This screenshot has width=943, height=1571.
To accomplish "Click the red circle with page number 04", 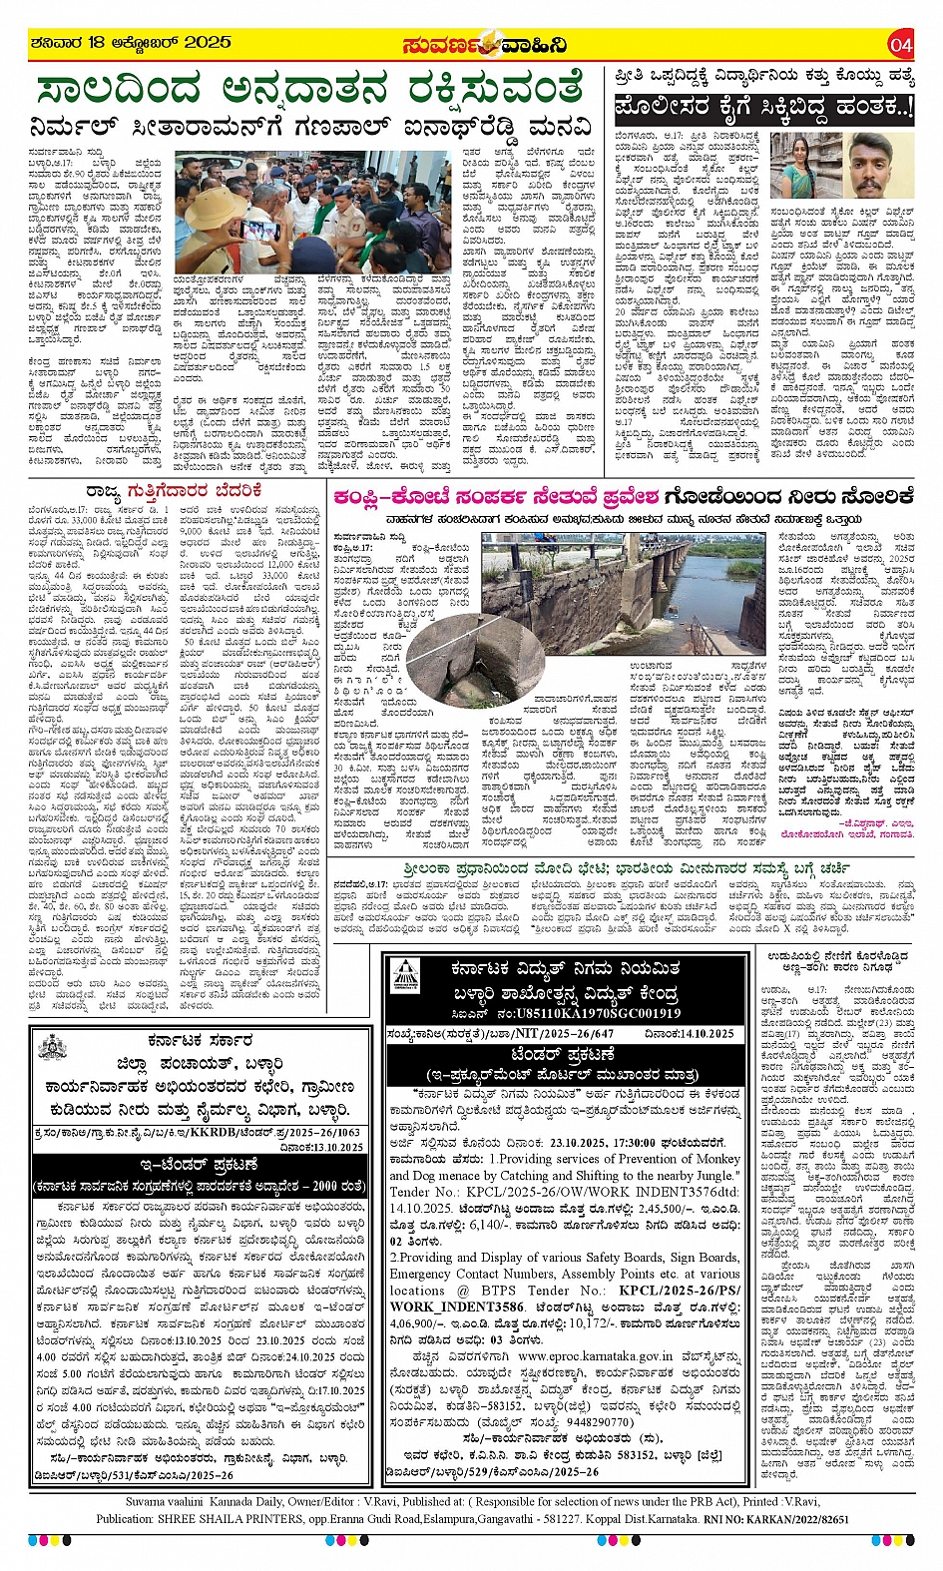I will pyautogui.click(x=901, y=45).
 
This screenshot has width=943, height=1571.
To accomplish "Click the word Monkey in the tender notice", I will pyautogui.click(x=717, y=1158).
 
